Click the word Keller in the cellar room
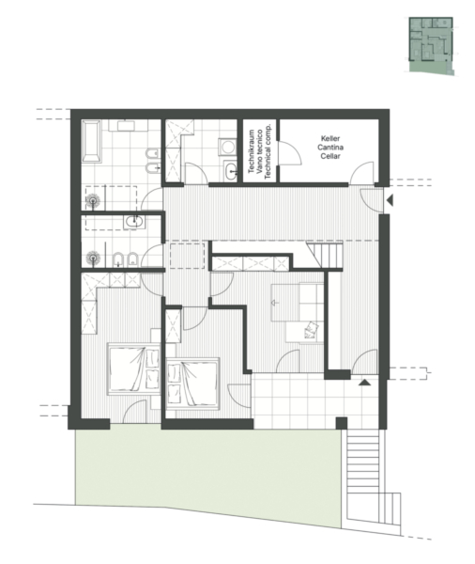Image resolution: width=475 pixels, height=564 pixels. click(x=330, y=138)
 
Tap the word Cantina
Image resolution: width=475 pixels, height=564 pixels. click(x=330, y=148)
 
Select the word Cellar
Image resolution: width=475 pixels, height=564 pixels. click(x=330, y=156)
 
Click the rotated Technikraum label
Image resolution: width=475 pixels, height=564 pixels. click(x=252, y=151)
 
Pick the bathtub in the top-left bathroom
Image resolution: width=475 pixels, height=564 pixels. click(x=91, y=141)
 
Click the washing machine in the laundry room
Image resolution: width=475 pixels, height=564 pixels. click(x=228, y=148)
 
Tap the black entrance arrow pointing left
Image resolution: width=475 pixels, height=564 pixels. click(x=390, y=200)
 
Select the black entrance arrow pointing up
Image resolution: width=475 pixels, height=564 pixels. click(x=364, y=383)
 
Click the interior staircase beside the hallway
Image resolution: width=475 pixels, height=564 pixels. click(x=325, y=255)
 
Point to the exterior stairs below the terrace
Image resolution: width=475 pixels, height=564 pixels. click(x=363, y=475)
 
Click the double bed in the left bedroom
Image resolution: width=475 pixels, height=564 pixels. click(x=133, y=368)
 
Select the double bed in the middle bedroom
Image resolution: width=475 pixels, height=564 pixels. click(x=193, y=384)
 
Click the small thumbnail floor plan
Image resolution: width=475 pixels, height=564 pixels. click(x=431, y=46)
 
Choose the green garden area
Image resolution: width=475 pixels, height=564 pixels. click(x=207, y=475)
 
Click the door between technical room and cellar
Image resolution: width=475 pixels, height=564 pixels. click(x=289, y=153)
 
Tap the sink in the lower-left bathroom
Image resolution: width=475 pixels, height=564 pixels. click(x=134, y=222)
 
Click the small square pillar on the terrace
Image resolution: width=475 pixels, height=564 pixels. click(x=342, y=423)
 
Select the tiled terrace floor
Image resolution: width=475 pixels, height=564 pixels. click(x=314, y=401)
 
